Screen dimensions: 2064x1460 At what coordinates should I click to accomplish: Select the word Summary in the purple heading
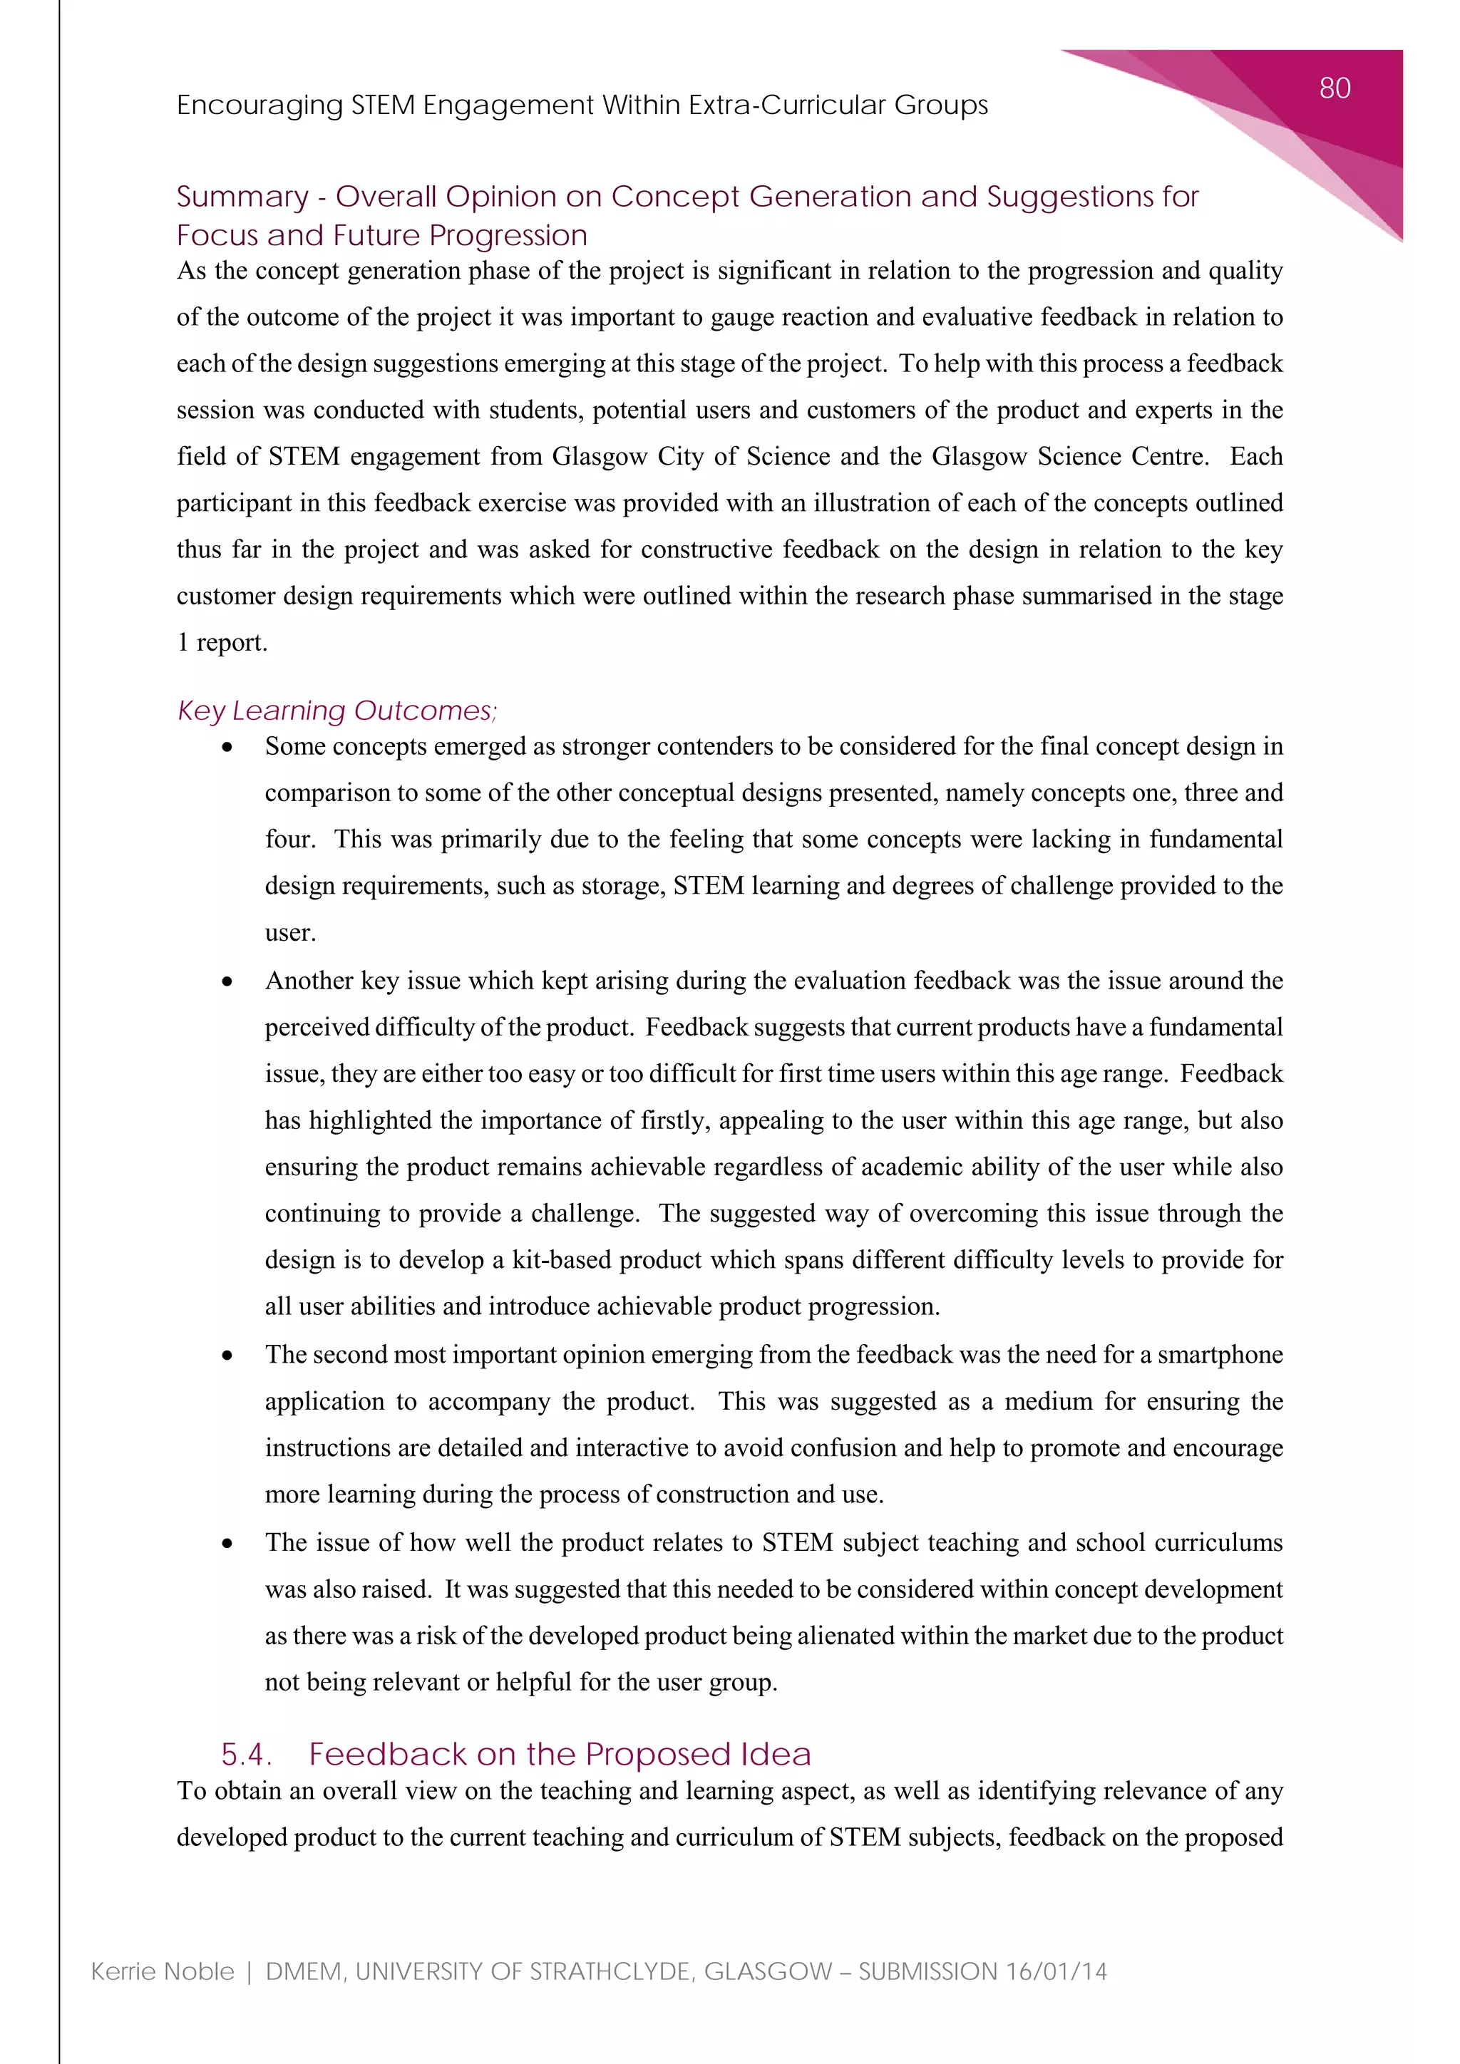click(x=242, y=196)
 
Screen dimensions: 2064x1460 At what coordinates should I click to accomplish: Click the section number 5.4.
click(x=245, y=1754)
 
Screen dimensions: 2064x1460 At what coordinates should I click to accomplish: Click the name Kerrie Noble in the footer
click(x=163, y=1971)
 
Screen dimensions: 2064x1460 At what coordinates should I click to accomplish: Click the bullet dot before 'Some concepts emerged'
click(x=227, y=748)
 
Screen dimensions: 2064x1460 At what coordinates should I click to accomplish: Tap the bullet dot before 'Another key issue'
click(x=227, y=981)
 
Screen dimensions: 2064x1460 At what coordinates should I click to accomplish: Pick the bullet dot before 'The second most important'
click(x=227, y=1356)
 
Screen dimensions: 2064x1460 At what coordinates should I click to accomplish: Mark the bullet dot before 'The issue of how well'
click(x=227, y=1544)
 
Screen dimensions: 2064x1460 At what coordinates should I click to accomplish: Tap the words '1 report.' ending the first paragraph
click(x=222, y=643)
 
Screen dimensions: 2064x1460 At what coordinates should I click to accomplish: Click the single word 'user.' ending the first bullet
click(x=290, y=933)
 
